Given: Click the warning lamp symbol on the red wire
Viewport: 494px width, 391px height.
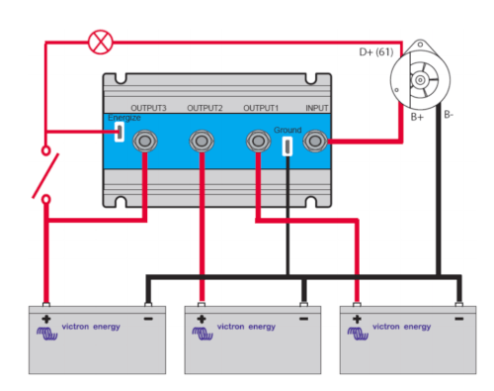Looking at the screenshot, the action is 101,43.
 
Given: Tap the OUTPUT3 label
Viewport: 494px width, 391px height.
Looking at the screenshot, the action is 148,108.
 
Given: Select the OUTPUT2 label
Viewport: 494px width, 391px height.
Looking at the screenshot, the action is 205,108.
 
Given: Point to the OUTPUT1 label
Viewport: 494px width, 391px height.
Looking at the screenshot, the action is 261,108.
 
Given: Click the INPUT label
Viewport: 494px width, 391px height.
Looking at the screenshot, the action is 317,108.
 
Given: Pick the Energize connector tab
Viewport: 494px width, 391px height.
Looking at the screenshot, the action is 120,132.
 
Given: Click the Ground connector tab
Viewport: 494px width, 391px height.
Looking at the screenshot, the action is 288,146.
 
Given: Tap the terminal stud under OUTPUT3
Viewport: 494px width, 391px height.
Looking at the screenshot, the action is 145,142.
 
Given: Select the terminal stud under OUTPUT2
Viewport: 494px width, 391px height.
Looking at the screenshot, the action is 202,142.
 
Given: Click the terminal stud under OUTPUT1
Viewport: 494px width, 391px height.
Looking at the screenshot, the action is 259,142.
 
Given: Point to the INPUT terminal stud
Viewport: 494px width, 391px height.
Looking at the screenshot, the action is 315,142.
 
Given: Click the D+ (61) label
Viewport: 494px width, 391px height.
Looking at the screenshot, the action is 376,52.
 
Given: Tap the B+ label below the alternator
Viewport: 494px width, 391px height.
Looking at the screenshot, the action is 417,117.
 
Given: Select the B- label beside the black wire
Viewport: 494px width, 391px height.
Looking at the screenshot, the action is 449,115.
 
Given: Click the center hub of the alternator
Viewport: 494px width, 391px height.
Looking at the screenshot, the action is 420,80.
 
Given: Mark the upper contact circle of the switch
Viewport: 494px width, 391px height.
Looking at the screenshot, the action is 46,150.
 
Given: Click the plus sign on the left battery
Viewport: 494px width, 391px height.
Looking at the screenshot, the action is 46,319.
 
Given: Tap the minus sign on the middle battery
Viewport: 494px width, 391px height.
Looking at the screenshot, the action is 303,319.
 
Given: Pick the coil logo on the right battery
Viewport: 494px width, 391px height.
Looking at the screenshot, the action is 358,334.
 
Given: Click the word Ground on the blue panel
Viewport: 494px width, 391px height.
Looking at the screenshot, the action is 288,130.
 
